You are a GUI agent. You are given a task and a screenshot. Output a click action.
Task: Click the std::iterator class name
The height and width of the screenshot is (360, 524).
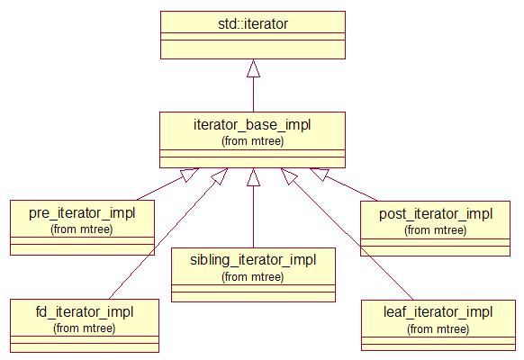[253, 24]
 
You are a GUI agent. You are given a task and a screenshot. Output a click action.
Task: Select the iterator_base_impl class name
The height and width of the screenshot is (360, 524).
[252, 125]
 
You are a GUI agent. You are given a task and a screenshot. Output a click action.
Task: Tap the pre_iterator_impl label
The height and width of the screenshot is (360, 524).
[82, 213]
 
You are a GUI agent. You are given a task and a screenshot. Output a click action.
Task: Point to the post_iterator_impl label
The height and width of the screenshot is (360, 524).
[436, 214]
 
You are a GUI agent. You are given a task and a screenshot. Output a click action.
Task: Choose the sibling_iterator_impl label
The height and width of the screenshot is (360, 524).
[253, 260]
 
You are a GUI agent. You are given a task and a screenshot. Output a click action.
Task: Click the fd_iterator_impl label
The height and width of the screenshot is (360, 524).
[85, 312]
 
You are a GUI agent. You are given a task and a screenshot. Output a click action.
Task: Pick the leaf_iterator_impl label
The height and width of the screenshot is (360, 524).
[438, 312]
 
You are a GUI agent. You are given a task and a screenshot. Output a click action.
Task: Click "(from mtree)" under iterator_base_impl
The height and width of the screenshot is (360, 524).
[253, 141]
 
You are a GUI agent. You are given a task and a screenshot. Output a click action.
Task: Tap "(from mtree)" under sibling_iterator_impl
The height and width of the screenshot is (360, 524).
[253, 277]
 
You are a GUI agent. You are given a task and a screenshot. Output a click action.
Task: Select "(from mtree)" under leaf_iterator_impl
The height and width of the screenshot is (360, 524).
[438, 329]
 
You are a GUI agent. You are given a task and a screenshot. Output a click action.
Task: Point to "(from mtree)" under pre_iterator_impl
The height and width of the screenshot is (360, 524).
[82, 229]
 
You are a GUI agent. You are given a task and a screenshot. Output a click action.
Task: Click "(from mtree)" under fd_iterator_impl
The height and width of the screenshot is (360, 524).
[85, 328]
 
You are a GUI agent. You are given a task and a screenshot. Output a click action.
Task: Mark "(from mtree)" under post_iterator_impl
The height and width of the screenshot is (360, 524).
[436, 230]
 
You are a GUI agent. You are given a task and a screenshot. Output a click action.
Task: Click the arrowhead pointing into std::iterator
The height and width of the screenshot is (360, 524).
[253, 68]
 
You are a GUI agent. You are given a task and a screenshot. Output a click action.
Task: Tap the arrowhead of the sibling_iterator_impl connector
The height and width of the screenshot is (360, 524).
[253, 177]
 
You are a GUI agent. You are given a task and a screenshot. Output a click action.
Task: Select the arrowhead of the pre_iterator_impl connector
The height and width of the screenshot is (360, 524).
[189, 175]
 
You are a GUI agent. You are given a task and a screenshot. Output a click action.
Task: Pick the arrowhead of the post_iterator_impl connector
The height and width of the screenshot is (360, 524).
[320, 174]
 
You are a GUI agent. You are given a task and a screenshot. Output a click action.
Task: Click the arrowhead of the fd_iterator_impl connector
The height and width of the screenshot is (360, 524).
[220, 176]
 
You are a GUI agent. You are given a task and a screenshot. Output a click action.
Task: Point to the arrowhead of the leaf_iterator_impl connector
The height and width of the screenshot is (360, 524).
[289, 176]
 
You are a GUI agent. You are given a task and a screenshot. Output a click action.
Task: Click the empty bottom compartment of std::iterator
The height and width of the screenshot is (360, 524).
[253, 49]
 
